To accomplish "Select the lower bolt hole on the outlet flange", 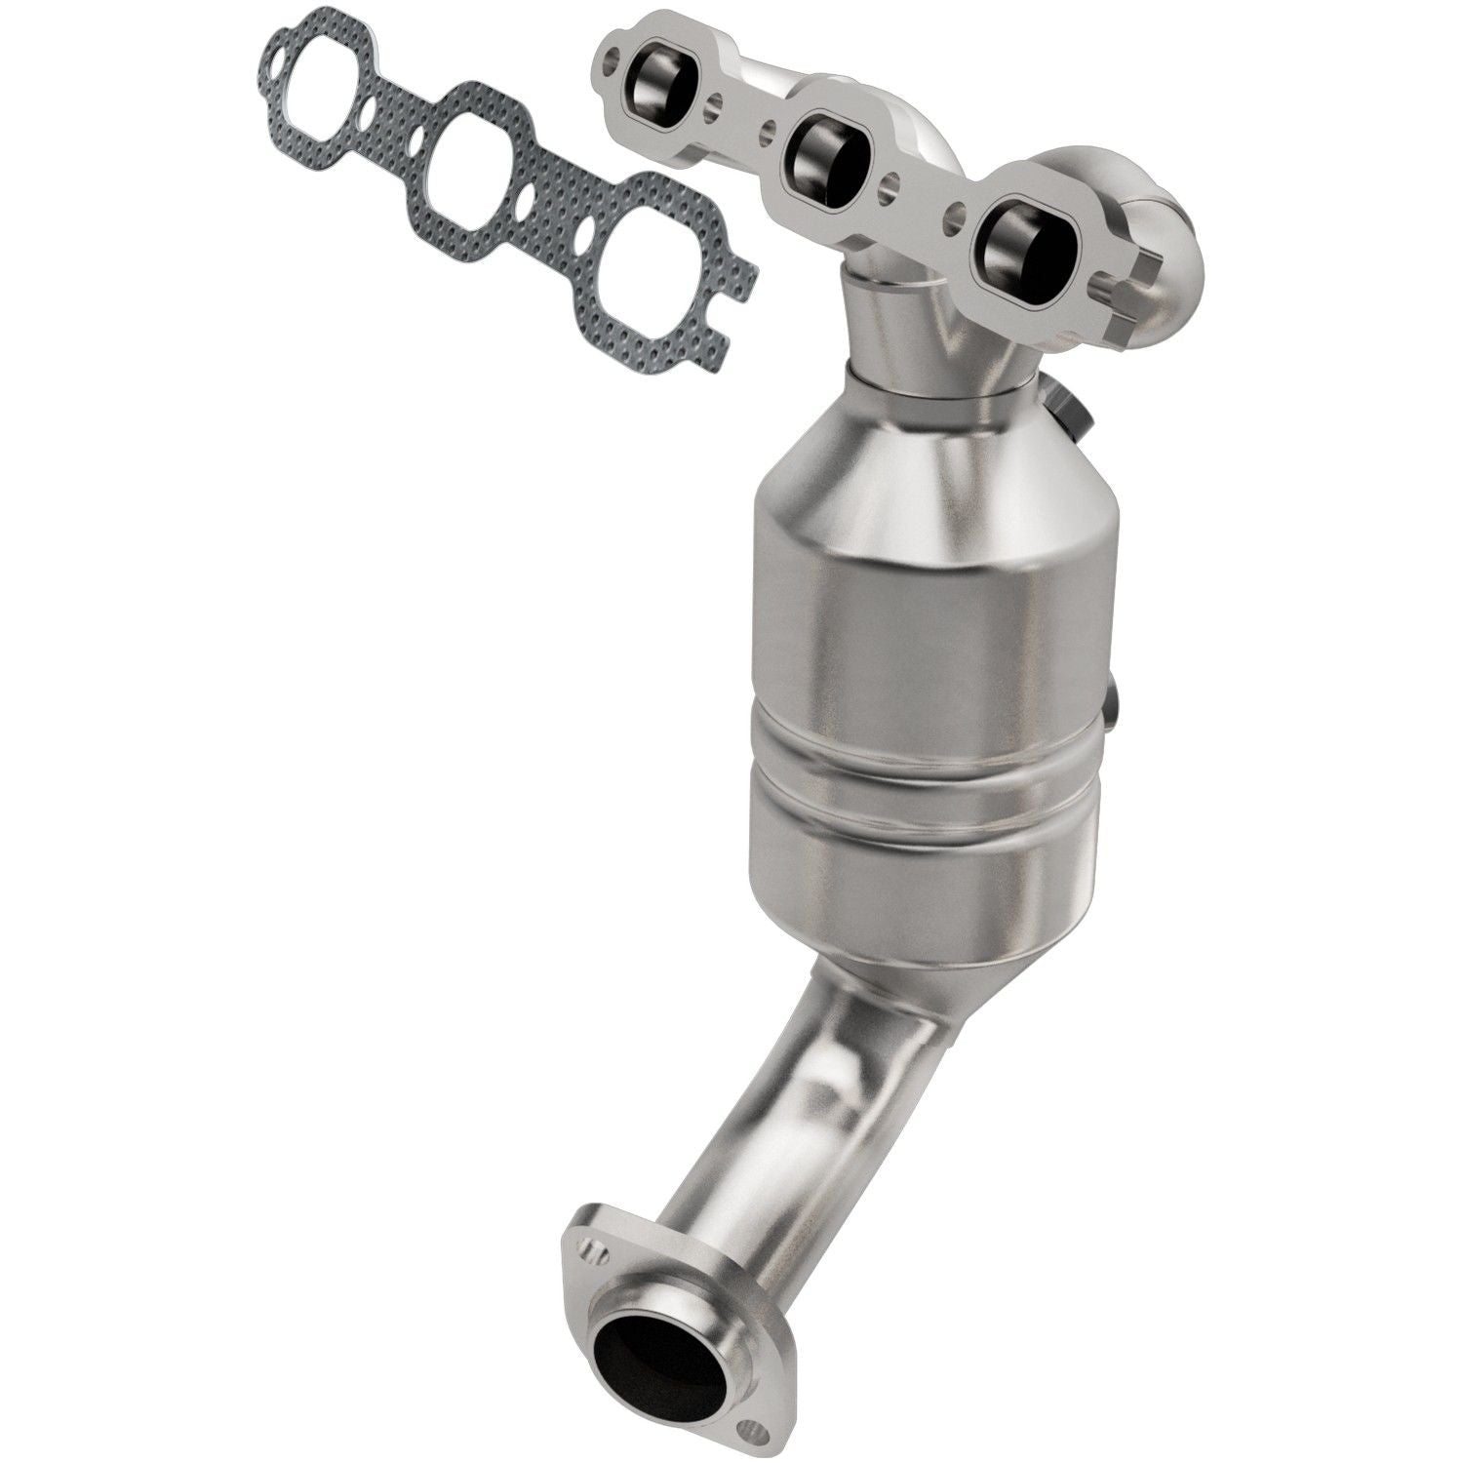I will coord(748,1379).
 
